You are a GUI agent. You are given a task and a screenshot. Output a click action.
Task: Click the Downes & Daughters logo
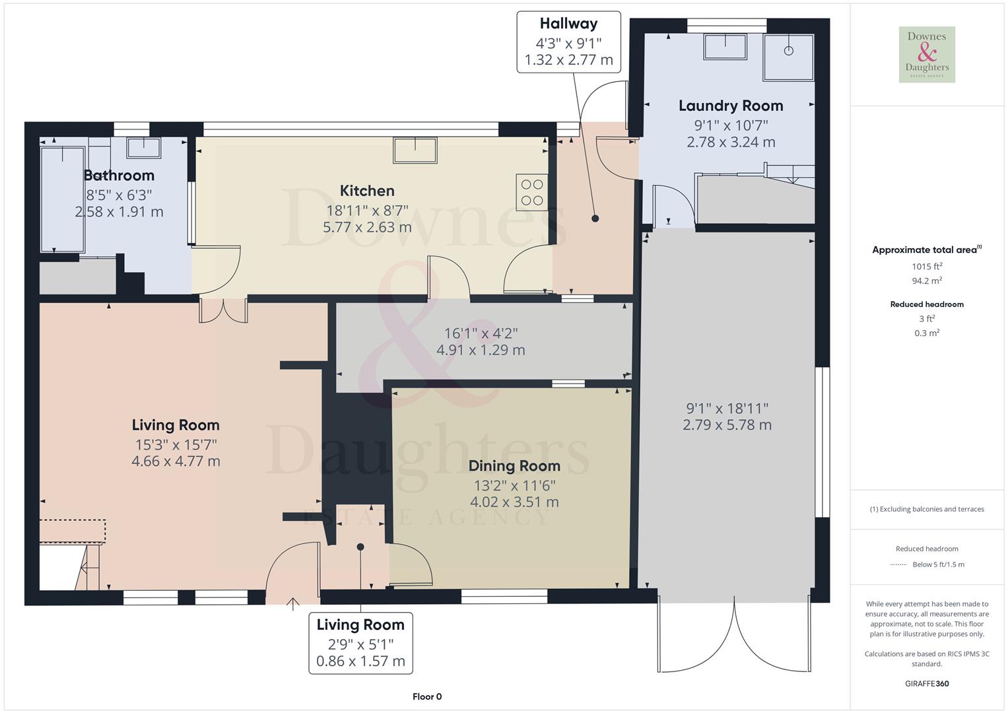pyautogui.click(x=927, y=54)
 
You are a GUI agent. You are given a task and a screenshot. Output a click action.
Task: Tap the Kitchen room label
pyautogui.click(x=367, y=191)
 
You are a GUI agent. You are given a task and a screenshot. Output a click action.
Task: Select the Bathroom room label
pyautogui.click(x=119, y=176)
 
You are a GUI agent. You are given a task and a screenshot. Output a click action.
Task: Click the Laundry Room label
pyautogui.click(x=731, y=106)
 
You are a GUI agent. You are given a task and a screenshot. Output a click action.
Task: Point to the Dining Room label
pyautogui.click(x=514, y=466)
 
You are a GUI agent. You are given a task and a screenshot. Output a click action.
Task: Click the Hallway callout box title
pyautogui.click(x=568, y=24)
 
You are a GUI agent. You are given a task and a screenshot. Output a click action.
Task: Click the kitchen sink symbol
pyautogui.click(x=415, y=150)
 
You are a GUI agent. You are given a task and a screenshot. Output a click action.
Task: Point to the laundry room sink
pyautogui.click(x=725, y=47)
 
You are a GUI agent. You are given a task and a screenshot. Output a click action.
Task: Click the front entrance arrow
pyautogui.click(x=293, y=602)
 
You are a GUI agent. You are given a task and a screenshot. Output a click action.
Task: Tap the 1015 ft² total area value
pyautogui.click(x=927, y=267)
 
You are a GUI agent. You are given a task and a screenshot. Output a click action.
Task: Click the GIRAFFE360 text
pyautogui.click(x=927, y=683)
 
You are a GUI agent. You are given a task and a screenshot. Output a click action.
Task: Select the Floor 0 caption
pyautogui.click(x=427, y=696)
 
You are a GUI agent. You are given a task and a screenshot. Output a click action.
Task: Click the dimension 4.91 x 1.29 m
pyautogui.click(x=481, y=351)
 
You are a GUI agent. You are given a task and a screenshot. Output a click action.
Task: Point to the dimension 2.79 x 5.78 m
pyautogui.click(x=727, y=425)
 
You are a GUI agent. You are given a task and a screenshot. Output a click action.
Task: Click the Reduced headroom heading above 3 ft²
pyautogui.click(x=927, y=304)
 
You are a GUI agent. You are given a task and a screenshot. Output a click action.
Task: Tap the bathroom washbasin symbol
pyautogui.click(x=143, y=147)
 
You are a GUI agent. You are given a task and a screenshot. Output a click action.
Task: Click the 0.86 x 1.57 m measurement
pyautogui.click(x=360, y=662)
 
